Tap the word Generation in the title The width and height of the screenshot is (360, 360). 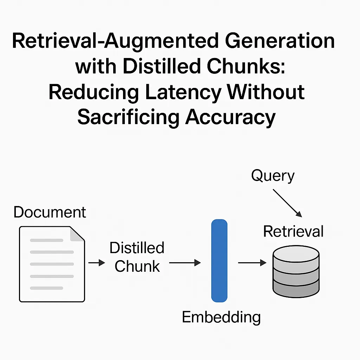pos(280,41)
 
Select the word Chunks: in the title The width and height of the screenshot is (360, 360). pos(246,66)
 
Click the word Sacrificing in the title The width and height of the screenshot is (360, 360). pos(128,118)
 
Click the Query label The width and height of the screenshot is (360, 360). pos(273,176)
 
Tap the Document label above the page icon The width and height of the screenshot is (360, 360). pos(50,212)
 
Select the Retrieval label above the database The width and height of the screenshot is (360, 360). pos(293,231)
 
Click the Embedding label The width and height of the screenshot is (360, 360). pos(221,317)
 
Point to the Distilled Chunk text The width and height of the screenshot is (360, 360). pos(137,257)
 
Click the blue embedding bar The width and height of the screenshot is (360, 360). pos(219,261)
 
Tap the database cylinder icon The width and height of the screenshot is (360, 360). pos(296,271)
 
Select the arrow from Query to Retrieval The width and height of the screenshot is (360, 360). pos(287,203)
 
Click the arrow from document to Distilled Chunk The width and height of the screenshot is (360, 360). pos(97,263)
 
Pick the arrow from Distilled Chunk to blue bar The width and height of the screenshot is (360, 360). pos(185,263)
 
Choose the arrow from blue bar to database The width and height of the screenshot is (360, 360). pos(252,263)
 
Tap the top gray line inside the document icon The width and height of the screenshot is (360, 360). pos(47,240)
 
